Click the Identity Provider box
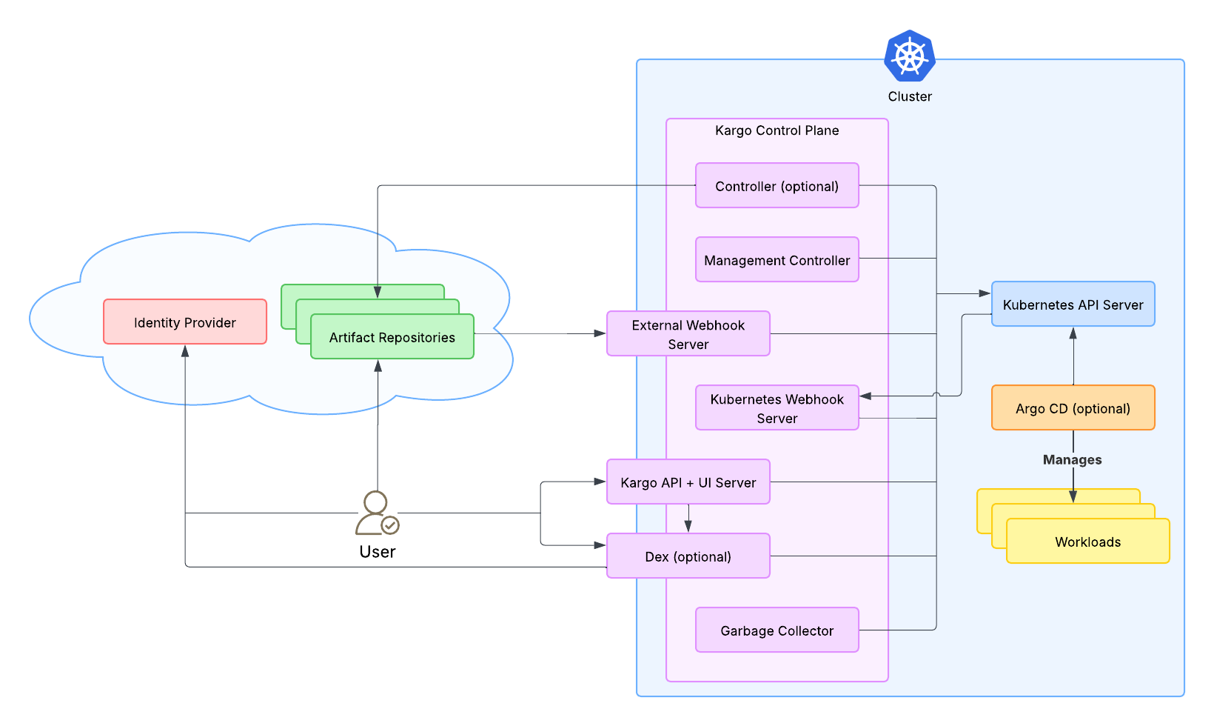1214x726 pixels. (185, 322)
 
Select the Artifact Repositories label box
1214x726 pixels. (392, 337)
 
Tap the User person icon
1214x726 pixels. (377, 513)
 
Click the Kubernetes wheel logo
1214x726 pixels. (910, 56)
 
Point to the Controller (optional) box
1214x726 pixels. (777, 185)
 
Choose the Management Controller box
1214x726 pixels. (777, 259)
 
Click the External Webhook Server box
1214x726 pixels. (688, 333)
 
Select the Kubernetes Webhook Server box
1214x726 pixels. (777, 407)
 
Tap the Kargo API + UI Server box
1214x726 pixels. (688, 482)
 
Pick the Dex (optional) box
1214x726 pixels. (688, 556)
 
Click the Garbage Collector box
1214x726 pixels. (777, 630)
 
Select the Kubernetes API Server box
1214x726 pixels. (1073, 304)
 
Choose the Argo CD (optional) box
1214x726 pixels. (1073, 407)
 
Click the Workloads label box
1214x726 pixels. (1088, 541)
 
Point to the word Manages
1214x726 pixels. (1072, 459)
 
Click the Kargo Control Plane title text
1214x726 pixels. (777, 130)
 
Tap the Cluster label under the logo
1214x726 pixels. (910, 96)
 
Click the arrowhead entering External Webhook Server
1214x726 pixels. (600, 333)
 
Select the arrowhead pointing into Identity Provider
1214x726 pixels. (185, 351)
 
